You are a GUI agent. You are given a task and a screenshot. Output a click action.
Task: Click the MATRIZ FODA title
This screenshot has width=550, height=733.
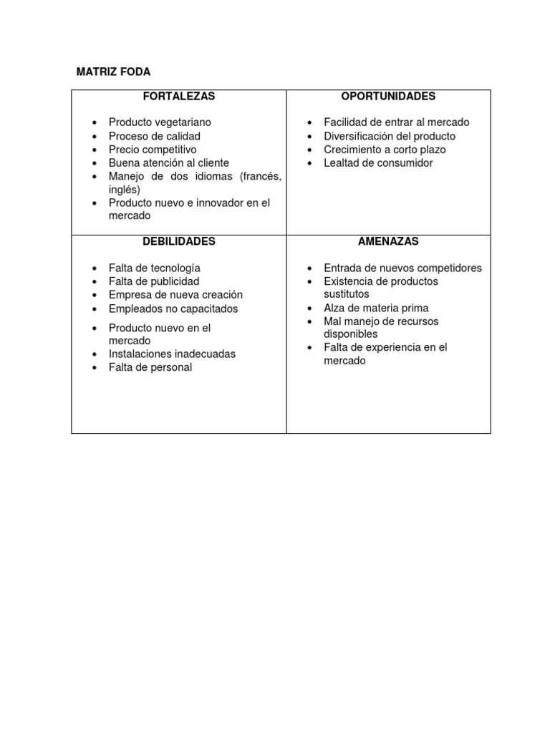pyautogui.click(x=114, y=72)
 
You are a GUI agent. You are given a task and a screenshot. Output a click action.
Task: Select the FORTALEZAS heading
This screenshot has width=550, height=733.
pyautogui.click(x=179, y=96)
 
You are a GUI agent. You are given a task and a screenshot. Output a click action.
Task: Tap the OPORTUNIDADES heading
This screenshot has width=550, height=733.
pyautogui.click(x=388, y=96)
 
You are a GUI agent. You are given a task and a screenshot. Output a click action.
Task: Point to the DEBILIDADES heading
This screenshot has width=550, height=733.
pyautogui.click(x=179, y=241)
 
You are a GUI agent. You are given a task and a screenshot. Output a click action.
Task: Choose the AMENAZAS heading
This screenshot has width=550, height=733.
pyautogui.click(x=388, y=241)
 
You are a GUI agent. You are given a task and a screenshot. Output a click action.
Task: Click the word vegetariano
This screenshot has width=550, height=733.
pyautogui.click(x=185, y=122)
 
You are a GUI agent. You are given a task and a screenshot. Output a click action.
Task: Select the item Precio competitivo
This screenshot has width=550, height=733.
pyautogui.click(x=152, y=150)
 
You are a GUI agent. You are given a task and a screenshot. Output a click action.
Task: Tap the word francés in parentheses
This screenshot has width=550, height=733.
pyautogui.click(x=261, y=176)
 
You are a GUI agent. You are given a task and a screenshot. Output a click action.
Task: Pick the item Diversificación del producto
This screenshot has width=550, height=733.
pyautogui.click(x=389, y=136)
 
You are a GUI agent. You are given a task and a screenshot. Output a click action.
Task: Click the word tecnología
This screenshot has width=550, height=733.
pyautogui.click(x=175, y=268)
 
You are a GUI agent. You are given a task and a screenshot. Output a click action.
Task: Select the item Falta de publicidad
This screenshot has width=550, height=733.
pyautogui.click(x=154, y=281)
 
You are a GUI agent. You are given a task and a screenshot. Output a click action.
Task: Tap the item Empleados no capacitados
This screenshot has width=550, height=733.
pyautogui.click(x=173, y=309)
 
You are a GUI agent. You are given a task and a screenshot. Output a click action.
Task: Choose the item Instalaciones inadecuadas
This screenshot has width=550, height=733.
pyautogui.click(x=172, y=354)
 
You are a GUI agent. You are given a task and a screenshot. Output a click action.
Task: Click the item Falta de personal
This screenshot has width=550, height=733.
pyautogui.click(x=150, y=367)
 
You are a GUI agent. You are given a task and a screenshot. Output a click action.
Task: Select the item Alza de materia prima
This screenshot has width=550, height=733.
pyautogui.click(x=376, y=308)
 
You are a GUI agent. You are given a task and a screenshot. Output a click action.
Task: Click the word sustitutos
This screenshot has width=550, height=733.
pyautogui.click(x=347, y=294)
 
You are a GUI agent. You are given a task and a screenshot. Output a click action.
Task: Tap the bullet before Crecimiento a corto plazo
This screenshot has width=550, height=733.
pyautogui.click(x=309, y=150)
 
